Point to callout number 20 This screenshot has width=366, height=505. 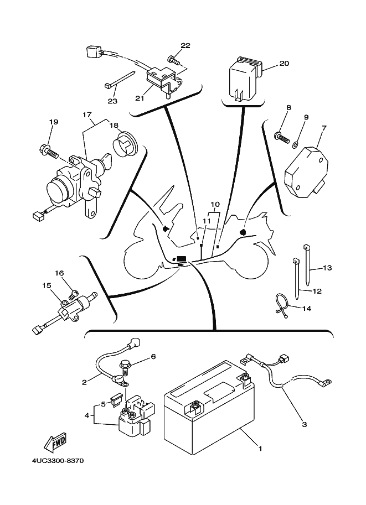click(x=284, y=64)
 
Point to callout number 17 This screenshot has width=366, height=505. click(x=87, y=115)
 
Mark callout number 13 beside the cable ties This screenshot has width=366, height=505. click(x=327, y=268)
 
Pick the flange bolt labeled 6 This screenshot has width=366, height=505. click(x=125, y=365)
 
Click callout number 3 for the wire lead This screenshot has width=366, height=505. click(x=304, y=425)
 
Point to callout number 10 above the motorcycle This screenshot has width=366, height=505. click(x=215, y=205)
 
